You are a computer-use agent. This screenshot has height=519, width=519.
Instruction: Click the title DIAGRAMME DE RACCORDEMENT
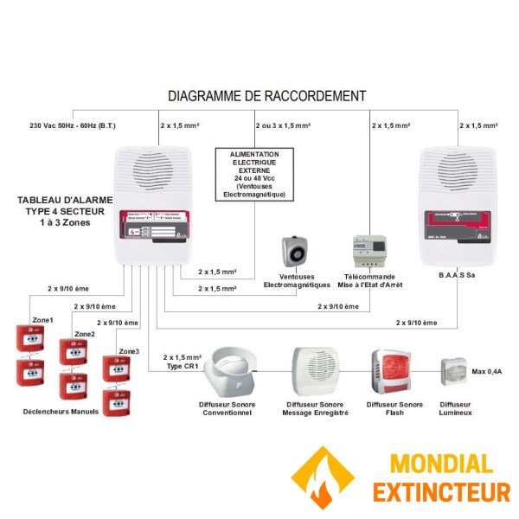[x=266, y=96]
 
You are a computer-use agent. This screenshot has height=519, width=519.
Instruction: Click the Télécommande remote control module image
[x=369, y=252]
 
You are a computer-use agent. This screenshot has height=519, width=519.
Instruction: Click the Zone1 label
[x=42, y=320]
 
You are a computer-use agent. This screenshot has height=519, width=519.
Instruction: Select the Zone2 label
[x=84, y=334]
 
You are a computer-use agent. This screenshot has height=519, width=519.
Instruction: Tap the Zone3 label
[x=129, y=351]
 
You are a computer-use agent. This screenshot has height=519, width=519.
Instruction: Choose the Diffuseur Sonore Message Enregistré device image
[x=317, y=370]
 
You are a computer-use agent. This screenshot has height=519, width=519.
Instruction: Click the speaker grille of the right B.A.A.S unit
[x=456, y=170]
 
